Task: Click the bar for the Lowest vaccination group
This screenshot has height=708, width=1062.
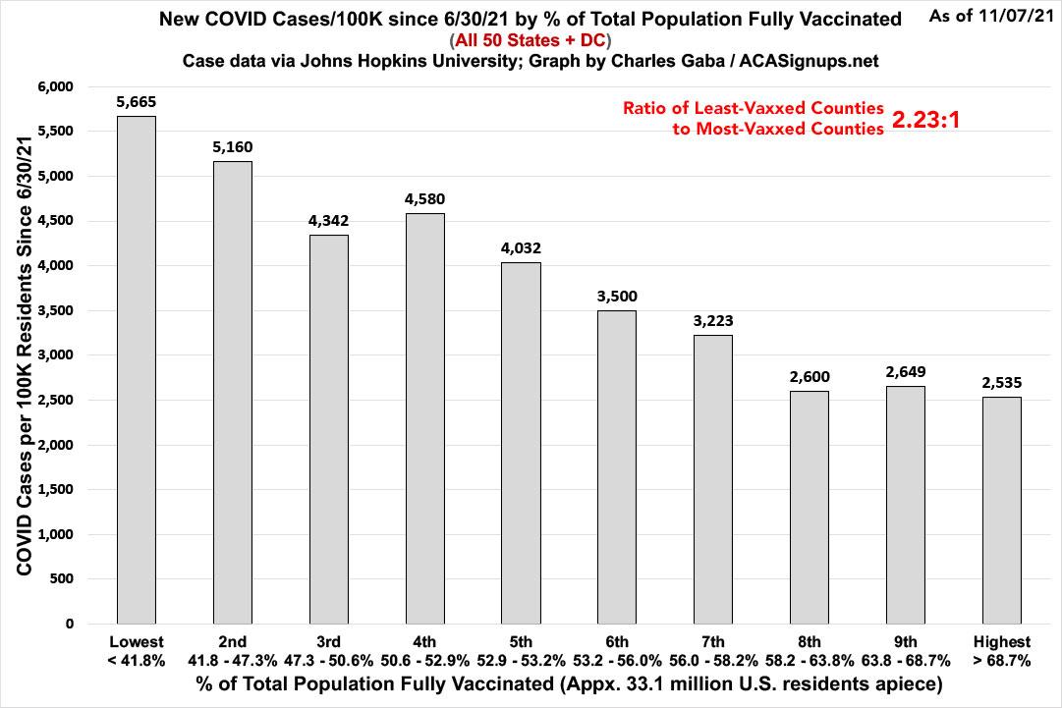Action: click(136, 369)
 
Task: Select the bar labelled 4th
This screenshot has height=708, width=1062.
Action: click(424, 418)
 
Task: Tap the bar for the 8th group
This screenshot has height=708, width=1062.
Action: click(809, 507)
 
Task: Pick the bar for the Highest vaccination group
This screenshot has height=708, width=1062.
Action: click(1001, 510)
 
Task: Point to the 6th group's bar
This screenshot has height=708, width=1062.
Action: click(616, 466)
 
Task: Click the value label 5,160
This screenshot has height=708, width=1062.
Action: click(232, 147)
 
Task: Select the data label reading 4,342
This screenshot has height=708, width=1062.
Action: click(328, 221)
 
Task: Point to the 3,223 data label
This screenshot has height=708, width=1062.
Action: click(712, 320)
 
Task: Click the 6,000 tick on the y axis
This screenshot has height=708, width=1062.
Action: click(57, 87)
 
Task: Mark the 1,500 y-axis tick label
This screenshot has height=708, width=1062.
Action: click(57, 489)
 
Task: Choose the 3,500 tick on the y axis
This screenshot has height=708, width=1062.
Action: click(57, 310)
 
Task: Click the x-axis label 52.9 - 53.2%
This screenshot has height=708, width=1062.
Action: click(520, 661)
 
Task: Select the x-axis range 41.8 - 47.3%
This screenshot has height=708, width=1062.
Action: click(232, 661)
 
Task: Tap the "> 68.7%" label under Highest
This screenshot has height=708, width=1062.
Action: click(1001, 661)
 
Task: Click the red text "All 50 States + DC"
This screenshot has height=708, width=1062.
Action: click(531, 41)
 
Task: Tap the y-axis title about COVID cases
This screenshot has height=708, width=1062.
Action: click(22, 354)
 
